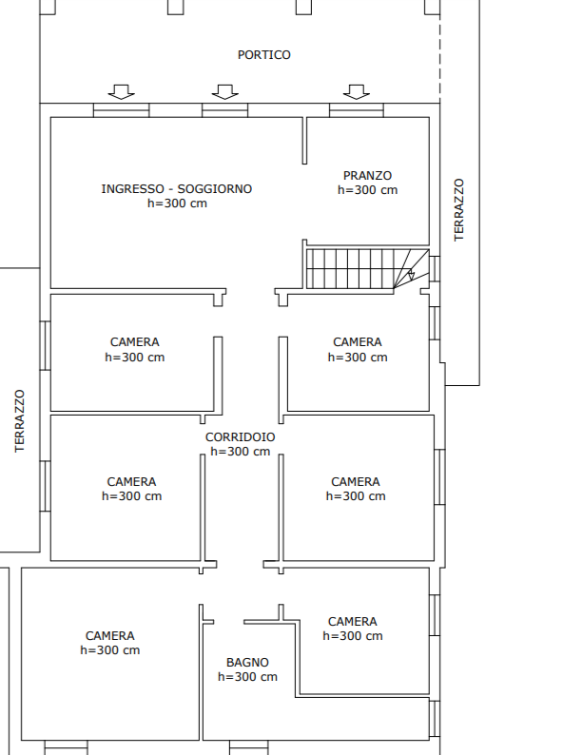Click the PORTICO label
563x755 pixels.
[264, 55]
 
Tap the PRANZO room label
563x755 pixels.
[367, 176]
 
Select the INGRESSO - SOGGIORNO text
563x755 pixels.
[177, 188]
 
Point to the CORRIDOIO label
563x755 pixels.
[241, 437]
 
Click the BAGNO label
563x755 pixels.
[247, 663]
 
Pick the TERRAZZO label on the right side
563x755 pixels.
[459, 210]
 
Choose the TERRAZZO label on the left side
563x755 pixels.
[19, 421]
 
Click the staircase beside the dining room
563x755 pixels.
[367, 269]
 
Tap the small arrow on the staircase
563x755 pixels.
[411, 275]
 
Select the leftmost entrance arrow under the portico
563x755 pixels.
[122, 92]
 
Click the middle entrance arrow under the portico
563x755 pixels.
[224, 92]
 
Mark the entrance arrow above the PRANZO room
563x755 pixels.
[357, 92]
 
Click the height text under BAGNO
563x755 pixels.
[247, 677]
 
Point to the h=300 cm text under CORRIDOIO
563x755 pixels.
[241, 452]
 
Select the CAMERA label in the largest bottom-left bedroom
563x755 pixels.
[109, 636]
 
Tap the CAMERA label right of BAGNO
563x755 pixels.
[353, 622]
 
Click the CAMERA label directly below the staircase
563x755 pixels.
[358, 342]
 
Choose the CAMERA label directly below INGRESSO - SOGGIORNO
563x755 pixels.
[134, 342]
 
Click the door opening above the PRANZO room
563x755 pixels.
[357, 110]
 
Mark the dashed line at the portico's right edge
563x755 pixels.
[439, 51]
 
